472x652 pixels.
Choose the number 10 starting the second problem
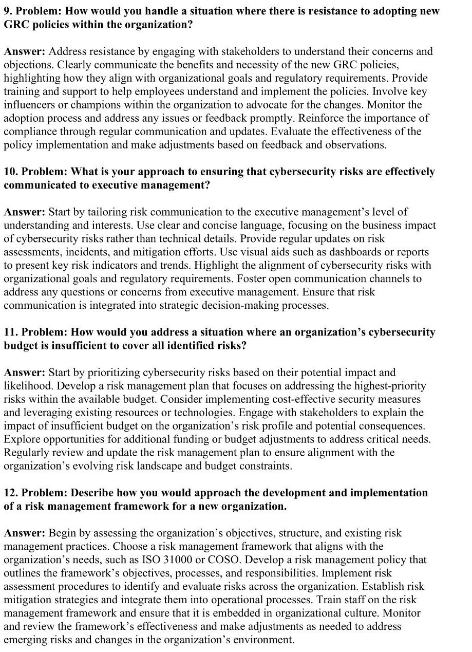[10, 172]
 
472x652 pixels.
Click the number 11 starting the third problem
[10, 332]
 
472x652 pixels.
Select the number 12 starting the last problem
[10, 492]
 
